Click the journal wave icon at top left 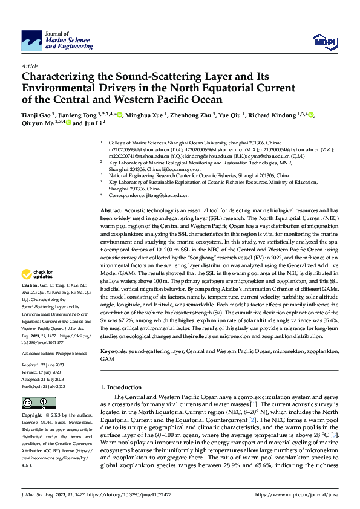pos(31,41)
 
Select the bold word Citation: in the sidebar pos(30,284)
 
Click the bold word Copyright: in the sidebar pos(31,416)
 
